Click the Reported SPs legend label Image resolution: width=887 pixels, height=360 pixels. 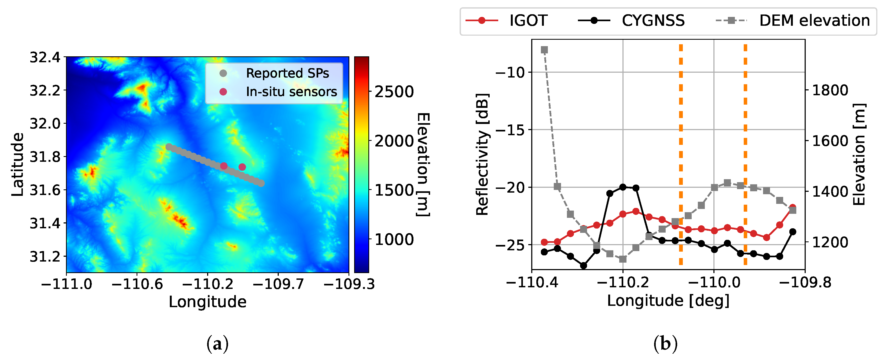(x=287, y=73)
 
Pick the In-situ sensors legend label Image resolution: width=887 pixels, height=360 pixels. (x=291, y=92)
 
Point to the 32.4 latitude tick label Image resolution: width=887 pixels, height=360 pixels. (x=45, y=57)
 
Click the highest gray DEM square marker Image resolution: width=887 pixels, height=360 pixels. (x=544, y=50)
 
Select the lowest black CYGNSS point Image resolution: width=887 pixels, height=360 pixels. (x=583, y=266)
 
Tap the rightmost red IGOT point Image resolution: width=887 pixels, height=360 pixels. (x=793, y=207)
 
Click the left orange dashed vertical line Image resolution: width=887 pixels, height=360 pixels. (x=681, y=155)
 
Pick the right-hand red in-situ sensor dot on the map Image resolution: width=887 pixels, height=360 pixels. (x=242, y=167)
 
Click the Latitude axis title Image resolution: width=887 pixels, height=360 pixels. (x=17, y=164)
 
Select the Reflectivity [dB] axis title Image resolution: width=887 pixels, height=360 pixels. (x=482, y=154)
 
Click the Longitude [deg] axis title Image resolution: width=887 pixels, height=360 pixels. (x=668, y=301)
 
